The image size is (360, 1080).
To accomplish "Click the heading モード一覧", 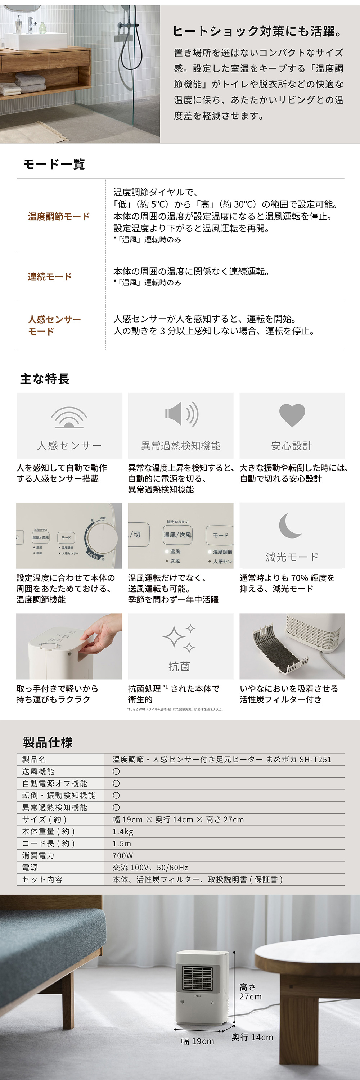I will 54,164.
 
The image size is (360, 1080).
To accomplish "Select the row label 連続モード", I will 50,277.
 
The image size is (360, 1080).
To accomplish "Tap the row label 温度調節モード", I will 59,216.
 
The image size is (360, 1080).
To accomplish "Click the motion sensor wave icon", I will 69,418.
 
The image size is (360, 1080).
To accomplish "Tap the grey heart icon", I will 292,415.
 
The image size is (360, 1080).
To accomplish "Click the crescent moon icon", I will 290,525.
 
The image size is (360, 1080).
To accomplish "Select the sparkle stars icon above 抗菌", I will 179,639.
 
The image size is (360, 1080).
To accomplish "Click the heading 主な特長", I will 45,379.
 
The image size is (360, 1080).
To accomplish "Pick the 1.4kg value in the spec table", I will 123,831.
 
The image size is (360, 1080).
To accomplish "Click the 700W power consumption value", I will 122,855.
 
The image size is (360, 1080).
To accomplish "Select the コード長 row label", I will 49,843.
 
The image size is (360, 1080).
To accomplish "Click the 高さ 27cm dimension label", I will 250,991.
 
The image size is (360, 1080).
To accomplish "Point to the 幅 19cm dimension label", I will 197,1041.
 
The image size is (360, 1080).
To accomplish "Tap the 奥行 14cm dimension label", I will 252,1037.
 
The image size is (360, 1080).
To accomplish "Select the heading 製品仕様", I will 48,742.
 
